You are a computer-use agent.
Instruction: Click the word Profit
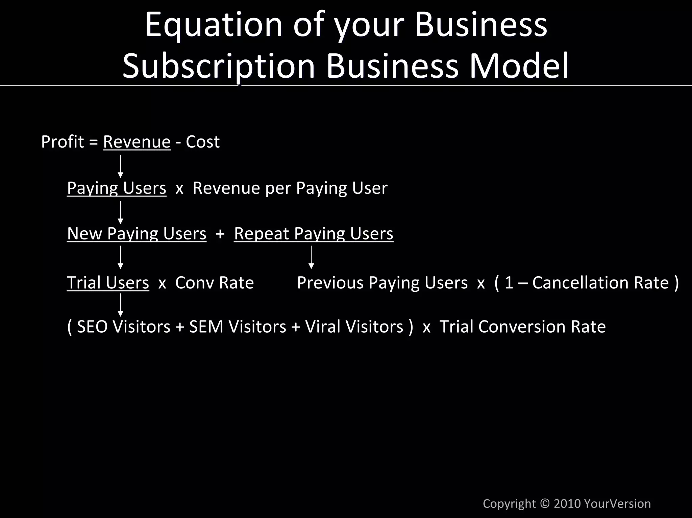[x=62, y=142]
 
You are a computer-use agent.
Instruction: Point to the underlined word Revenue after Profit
[x=137, y=142]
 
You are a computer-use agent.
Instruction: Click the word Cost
[x=203, y=142]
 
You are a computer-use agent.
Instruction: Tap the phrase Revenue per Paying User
[x=290, y=188]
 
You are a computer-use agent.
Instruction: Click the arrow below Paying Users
[x=120, y=212]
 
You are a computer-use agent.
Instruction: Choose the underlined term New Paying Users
[x=137, y=234]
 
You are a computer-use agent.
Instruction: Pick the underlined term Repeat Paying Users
[x=314, y=234]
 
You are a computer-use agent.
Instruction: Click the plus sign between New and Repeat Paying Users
[x=220, y=234]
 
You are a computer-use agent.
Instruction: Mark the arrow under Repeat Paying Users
[x=311, y=257]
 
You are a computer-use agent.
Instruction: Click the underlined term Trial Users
[x=108, y=283]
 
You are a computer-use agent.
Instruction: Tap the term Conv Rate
[x=214, y=283]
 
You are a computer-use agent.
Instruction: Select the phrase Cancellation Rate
[x=600, y=283]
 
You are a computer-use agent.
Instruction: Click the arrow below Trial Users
[x=120, y=305]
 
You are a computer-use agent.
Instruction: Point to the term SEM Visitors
[x=238, y=327]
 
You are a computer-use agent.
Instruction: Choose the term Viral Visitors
[x=354, y=327]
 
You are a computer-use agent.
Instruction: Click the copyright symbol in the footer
[x=545, y=503]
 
